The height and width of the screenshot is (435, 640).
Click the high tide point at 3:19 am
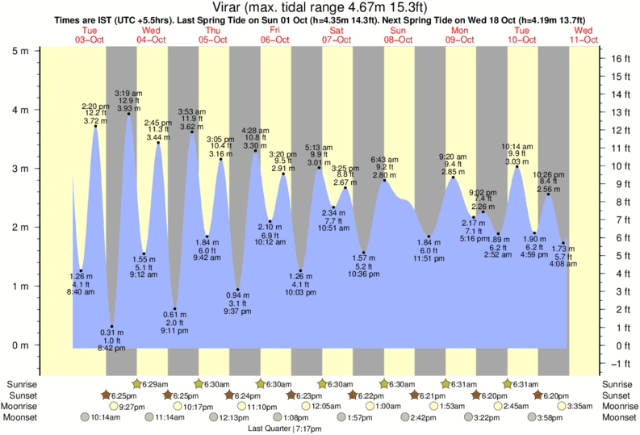(x=128, y=114)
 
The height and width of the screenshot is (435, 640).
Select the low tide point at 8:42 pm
(x=112, y=327)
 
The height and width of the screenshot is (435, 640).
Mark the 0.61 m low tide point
(x=174, y=309)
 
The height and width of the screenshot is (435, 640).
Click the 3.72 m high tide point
(x=96, y=126)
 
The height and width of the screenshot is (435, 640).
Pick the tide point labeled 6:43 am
(x=385, y=180)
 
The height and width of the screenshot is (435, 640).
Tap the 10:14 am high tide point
(x=517, y=167)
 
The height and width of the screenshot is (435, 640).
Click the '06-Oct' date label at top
(x=275, y=39)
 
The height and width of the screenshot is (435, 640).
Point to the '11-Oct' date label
(x=584, y=39)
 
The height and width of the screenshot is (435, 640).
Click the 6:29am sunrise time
(x=155, y=384)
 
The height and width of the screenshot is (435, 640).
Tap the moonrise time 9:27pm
(x=132, y=406)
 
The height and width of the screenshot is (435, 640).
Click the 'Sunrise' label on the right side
(x=617, y=384)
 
